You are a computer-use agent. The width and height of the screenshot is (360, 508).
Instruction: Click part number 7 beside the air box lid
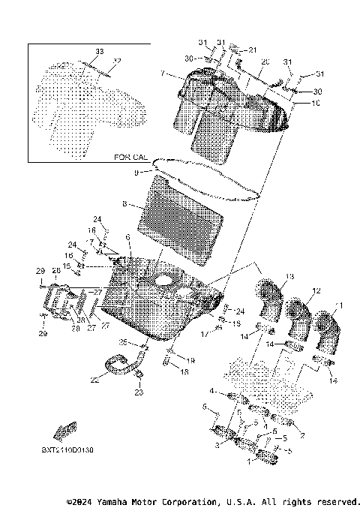[161, 74]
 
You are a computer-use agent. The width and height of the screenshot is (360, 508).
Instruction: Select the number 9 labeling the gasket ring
[136, 173]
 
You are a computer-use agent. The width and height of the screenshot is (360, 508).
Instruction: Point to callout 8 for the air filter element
[124, 203]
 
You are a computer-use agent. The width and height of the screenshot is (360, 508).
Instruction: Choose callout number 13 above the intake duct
[290, 277]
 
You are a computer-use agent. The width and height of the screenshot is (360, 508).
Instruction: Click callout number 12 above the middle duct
[316, 290]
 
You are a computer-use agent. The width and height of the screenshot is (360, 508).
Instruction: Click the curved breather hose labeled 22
[120, 368]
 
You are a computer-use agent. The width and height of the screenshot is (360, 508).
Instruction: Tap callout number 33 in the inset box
[98, 51]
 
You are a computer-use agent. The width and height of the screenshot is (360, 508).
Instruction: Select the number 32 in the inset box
[116, 62]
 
